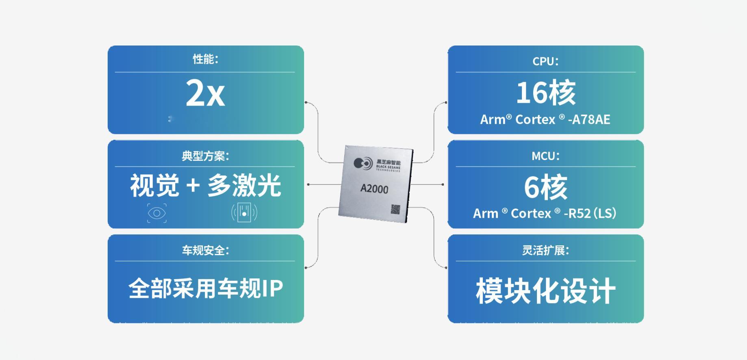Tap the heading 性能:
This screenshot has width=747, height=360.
[206, 59]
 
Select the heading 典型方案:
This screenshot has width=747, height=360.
[206, 156]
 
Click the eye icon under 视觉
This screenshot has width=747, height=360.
[157, 213]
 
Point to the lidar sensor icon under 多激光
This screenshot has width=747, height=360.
[244, 213]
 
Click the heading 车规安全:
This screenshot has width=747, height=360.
[206, 250]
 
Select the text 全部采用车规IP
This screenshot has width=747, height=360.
[206, 288]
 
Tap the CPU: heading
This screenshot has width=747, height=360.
[545, 61]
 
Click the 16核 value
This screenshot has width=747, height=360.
[545, 93]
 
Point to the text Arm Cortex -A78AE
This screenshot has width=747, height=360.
[545, 119]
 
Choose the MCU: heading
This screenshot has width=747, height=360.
[545, 156]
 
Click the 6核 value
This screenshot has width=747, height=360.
[545, 187]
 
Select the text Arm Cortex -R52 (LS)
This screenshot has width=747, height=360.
[545, 213]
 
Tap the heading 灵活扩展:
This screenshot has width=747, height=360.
[545, 250]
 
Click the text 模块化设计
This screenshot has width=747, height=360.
[545, 291]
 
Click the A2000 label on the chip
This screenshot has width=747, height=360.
[374, 189]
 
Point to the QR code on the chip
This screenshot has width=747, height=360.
[395, 209]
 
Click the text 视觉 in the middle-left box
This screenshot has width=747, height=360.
[154, 186]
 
